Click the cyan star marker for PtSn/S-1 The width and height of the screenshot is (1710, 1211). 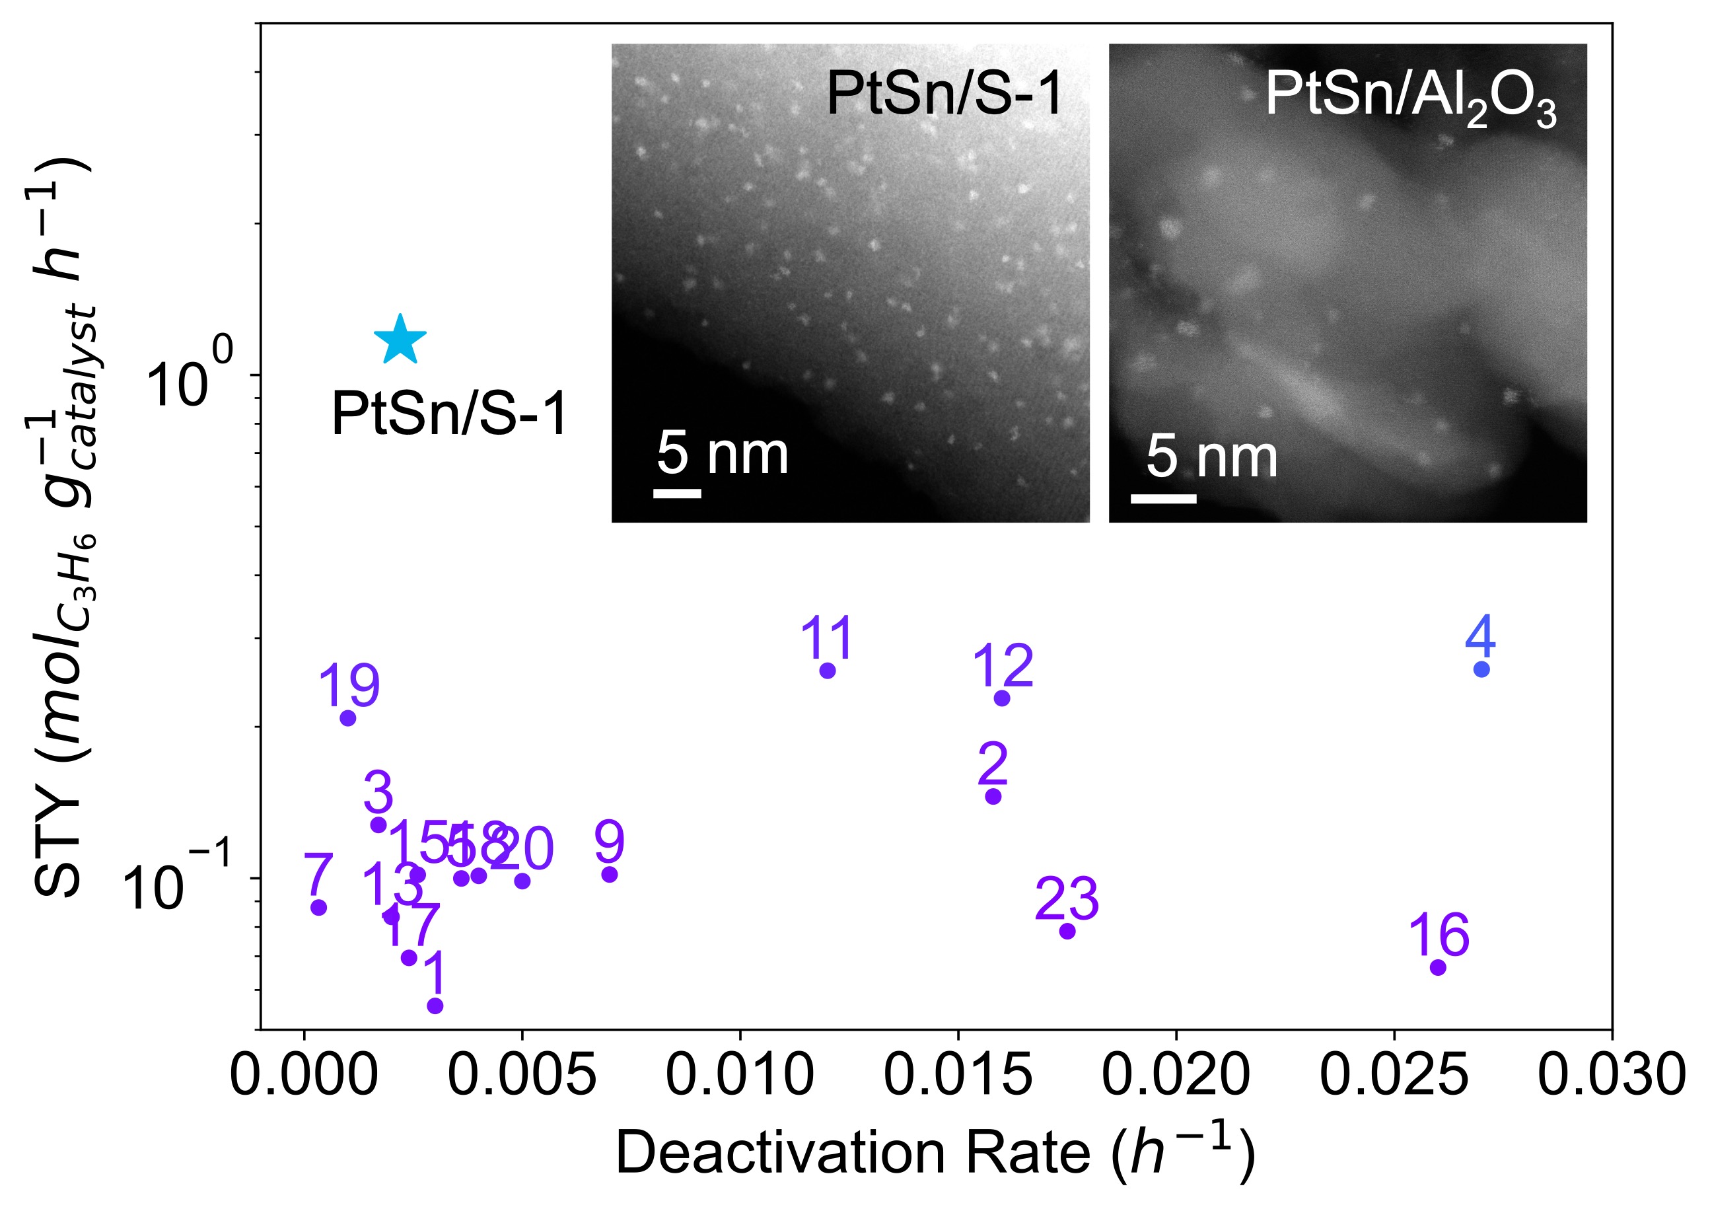(x=400, y=340)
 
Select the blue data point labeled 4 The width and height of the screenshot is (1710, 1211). (x=1481, y=669)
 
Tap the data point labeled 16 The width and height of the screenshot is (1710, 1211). (x=1438, y=967)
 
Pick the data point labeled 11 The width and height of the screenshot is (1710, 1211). (x=828, y=671)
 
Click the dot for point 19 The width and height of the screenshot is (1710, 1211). (x=347, y=718)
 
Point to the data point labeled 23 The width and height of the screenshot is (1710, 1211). (x=1067, y=931)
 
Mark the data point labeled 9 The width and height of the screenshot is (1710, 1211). (x=610, y=874)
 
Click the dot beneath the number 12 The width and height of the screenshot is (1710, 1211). (x=1002, y=698)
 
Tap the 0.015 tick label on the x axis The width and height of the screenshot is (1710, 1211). (x=958, y=1076)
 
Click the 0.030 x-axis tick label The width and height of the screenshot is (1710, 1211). (x=1612, y=1076)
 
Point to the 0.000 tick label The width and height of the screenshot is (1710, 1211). (x=304, y=1076)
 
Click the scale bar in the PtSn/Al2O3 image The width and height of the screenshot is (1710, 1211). (x=1163, y=498)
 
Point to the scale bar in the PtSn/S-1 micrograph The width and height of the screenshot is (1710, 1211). (x=677, y=493)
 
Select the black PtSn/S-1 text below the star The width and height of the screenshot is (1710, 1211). (x=450, y=414)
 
